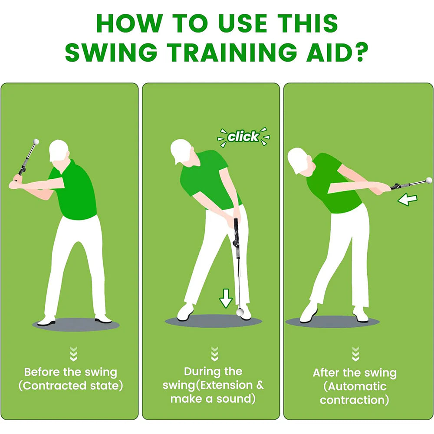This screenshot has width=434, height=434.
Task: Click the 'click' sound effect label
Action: point(243,137)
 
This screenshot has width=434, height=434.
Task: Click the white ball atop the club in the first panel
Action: point(36,141)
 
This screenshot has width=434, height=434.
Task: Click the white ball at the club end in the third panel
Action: point(429,180)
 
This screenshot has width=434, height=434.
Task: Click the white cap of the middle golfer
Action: point(179,150)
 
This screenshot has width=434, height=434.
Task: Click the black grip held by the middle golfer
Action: point(237,230)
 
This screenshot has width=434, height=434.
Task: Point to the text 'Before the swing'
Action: point(70,372)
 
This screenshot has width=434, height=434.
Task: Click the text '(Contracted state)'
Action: point(70,386)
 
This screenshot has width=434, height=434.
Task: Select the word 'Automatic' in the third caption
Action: point(355,386)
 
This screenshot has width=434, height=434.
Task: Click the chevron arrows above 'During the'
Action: point(214,354)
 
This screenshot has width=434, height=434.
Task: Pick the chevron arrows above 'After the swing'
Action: point(355,354)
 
